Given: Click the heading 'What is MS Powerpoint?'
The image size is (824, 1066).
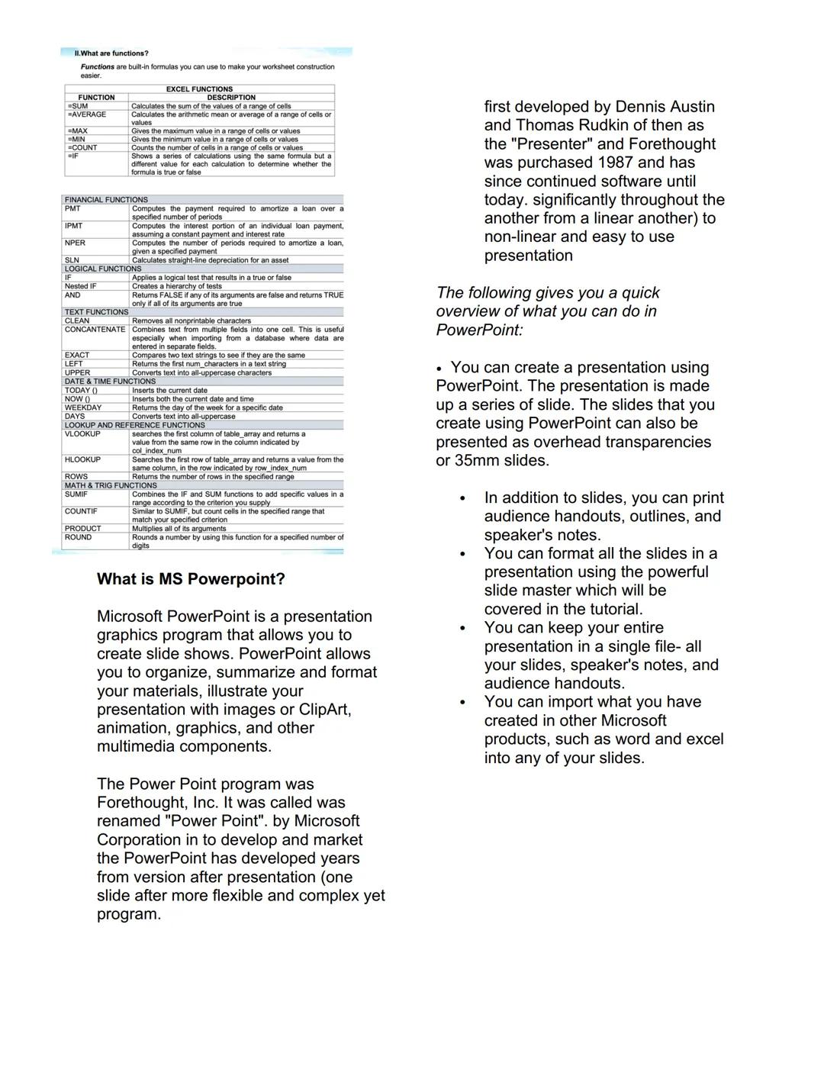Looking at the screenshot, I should click(x=191, y=579).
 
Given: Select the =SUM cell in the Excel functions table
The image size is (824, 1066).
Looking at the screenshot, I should click(x=78, y=106).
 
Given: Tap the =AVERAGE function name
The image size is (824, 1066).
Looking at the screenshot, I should click(x=87, y=114).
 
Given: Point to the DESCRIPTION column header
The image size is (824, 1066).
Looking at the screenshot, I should click(x=231, y=98).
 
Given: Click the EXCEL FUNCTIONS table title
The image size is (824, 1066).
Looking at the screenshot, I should click(x=199, y=89).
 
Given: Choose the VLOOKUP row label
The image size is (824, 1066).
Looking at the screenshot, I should click(x=82, y=433).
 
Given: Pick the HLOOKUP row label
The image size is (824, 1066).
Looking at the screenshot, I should click(x=82, y=459).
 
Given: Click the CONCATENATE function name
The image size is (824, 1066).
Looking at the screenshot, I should click(x=95, y=330).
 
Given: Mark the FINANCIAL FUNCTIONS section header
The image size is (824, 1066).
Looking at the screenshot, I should click(x=106, y=200).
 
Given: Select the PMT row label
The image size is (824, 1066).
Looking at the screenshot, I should click(x=72, y=208).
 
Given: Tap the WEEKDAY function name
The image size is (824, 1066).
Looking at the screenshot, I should click(x=82, y=407).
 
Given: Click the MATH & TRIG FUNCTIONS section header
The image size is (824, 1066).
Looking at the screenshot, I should click(x=111, y=485).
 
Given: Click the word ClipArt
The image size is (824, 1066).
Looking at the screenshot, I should click(x=324, y=710).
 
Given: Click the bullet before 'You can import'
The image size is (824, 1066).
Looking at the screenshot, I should click(x=462, y=703).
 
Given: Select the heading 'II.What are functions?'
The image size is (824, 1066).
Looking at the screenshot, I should click(x=111, y=53).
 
